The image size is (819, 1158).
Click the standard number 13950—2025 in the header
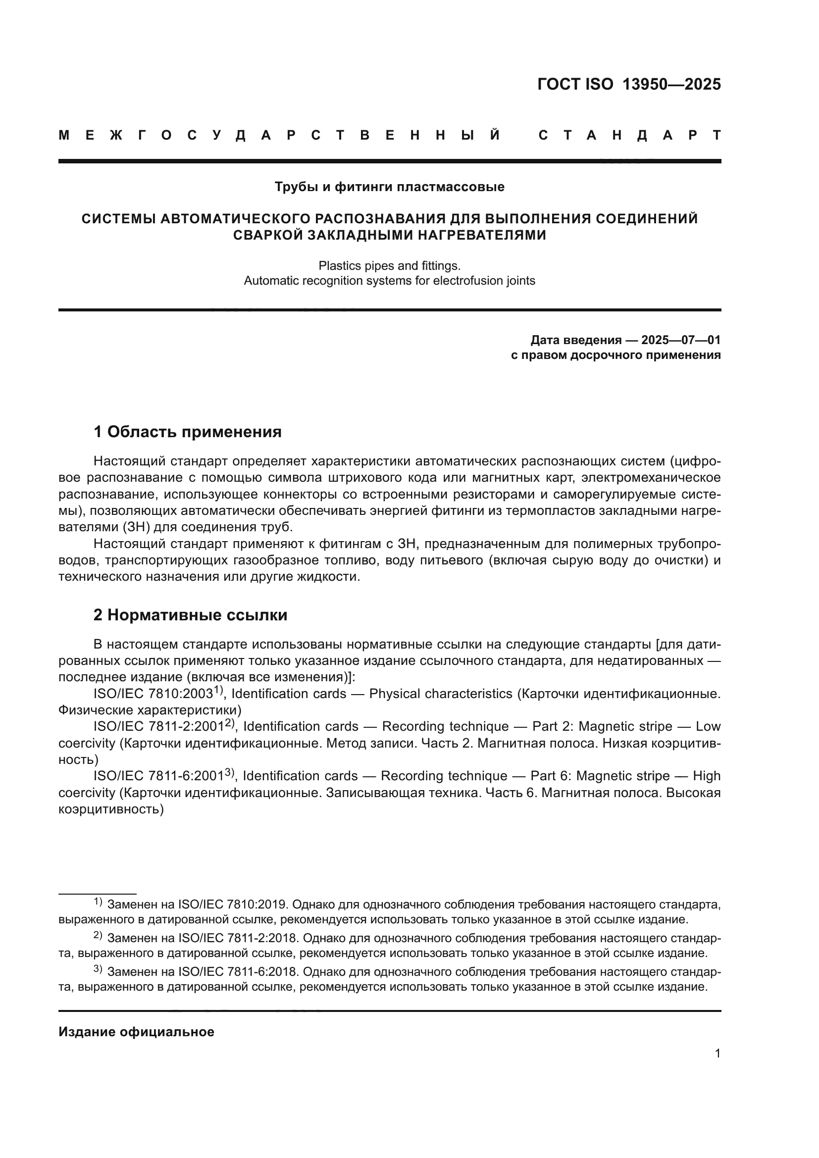click(671, 84)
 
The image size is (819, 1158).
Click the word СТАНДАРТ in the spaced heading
click(630, 135)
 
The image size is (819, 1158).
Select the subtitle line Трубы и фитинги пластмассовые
click(389, 187)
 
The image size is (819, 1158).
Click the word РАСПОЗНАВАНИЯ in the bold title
click(380, 219)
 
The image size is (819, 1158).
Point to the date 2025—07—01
click(681, 340)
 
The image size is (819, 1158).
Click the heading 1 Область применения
click(188, 432)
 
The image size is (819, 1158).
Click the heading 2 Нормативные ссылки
click(191, 615)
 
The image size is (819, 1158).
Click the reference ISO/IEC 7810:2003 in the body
click(154, 694)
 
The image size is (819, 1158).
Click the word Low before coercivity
click(708, 727)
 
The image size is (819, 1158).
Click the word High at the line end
click(707, 776)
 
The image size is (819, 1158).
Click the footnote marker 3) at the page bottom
click(98, 969)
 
